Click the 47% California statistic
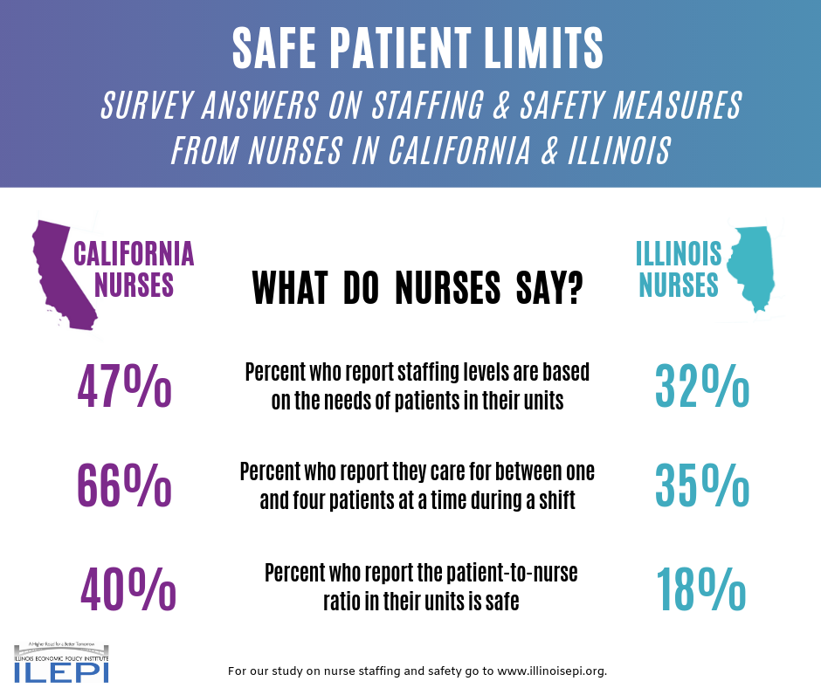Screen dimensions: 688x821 124,387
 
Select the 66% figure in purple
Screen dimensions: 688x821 124,485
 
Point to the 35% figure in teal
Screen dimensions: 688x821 701,485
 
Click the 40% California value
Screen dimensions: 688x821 128,588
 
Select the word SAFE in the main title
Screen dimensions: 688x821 279,49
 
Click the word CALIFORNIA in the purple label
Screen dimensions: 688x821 133,254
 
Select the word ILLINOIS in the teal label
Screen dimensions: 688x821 679,254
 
